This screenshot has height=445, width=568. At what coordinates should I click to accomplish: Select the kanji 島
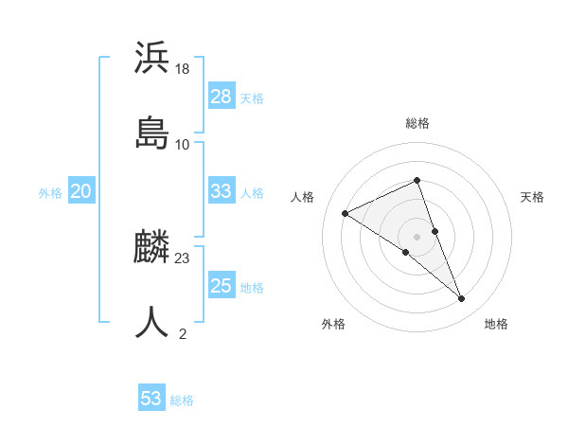pos(151,133)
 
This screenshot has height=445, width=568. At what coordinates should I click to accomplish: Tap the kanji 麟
pos(151,248)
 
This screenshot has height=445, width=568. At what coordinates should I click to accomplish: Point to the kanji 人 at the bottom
pos(151,322)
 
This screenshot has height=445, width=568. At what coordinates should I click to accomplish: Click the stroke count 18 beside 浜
pos(183,69)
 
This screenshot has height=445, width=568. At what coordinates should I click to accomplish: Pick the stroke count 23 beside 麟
pos(183,258)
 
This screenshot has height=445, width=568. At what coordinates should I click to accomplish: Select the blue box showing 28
pos(222,97)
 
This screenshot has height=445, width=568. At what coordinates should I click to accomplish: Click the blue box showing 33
pos(222,191)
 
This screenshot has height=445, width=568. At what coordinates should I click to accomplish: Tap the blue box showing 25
pos(222,286)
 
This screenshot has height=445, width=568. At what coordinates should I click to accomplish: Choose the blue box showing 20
pos(81,191)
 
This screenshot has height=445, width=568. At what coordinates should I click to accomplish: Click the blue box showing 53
pos(151,399)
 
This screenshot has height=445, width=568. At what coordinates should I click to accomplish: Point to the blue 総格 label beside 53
pos(182,400)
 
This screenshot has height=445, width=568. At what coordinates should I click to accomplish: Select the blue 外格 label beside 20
pos(50,193)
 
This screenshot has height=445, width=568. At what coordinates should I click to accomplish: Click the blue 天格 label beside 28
pos(252,98)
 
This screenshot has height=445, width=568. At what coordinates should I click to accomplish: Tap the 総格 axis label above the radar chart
pos(417,123)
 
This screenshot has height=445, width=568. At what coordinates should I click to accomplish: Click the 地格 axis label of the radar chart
pos(496,324)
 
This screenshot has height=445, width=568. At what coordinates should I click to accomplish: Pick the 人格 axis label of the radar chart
pos(303,197)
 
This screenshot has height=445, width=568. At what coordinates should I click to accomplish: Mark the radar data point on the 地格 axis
pos(462,299)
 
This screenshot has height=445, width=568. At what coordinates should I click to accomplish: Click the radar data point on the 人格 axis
pos(346,213)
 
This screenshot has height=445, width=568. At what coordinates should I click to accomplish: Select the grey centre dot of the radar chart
pos(417,236)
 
